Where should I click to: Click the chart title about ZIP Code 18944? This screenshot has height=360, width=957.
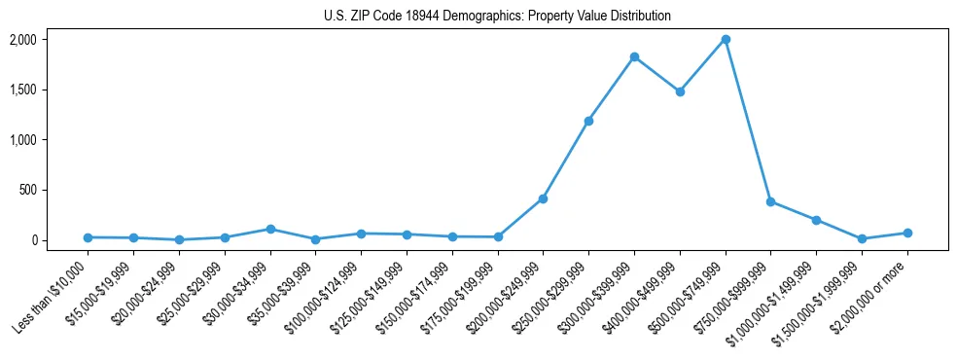(497, 17)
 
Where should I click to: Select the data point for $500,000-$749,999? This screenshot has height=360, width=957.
(726, 40)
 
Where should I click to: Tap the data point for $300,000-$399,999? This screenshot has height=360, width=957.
(634, 57)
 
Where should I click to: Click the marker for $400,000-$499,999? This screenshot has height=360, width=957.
(680, 91)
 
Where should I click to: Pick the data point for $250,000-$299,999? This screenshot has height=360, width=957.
(588, 122)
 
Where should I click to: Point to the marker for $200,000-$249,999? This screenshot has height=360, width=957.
(543, 198)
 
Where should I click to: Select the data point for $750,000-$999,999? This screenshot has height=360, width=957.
(770, 201)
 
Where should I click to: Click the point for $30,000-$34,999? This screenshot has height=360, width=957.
(270, 229)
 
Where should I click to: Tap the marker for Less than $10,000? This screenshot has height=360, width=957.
(89, 237)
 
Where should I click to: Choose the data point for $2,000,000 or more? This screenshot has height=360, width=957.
(907, 233)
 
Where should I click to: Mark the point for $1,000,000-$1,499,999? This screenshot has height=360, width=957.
(816, 220)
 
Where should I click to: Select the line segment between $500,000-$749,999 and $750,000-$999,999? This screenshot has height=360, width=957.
(748, 121)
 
